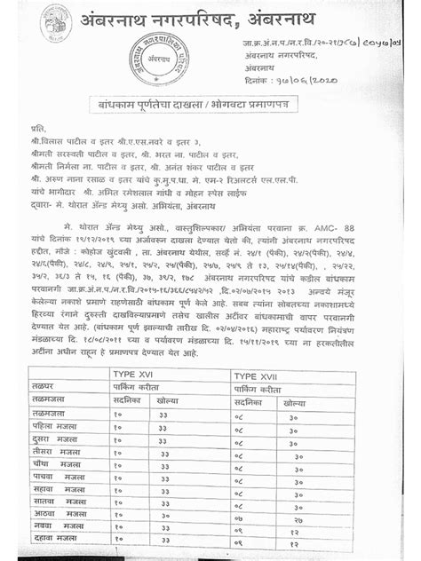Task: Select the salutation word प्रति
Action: point(36,130)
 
